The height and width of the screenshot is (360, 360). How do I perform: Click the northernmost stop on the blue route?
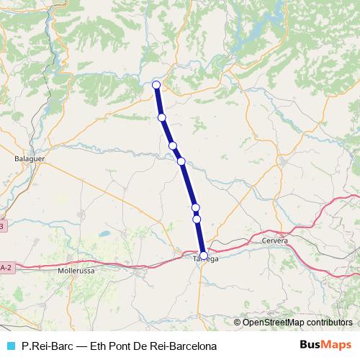156,85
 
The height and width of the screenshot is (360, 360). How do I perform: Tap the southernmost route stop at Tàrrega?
204,255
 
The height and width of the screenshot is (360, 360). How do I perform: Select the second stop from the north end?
162,117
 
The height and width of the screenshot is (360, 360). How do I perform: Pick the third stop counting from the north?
173,145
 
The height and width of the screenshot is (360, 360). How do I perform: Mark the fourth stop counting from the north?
181,161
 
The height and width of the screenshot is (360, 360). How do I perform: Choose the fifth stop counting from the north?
195,207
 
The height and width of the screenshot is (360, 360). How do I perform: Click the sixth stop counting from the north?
197,218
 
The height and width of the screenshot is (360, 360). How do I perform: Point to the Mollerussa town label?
75,272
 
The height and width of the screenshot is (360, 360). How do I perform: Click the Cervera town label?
275,240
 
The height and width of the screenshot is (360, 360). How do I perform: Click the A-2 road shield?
5,268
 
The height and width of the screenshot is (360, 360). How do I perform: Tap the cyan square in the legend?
10,346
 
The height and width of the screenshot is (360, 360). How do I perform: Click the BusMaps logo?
325,345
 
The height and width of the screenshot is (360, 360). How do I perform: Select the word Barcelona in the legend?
171,346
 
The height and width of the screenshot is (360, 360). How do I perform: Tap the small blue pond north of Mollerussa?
104,235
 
